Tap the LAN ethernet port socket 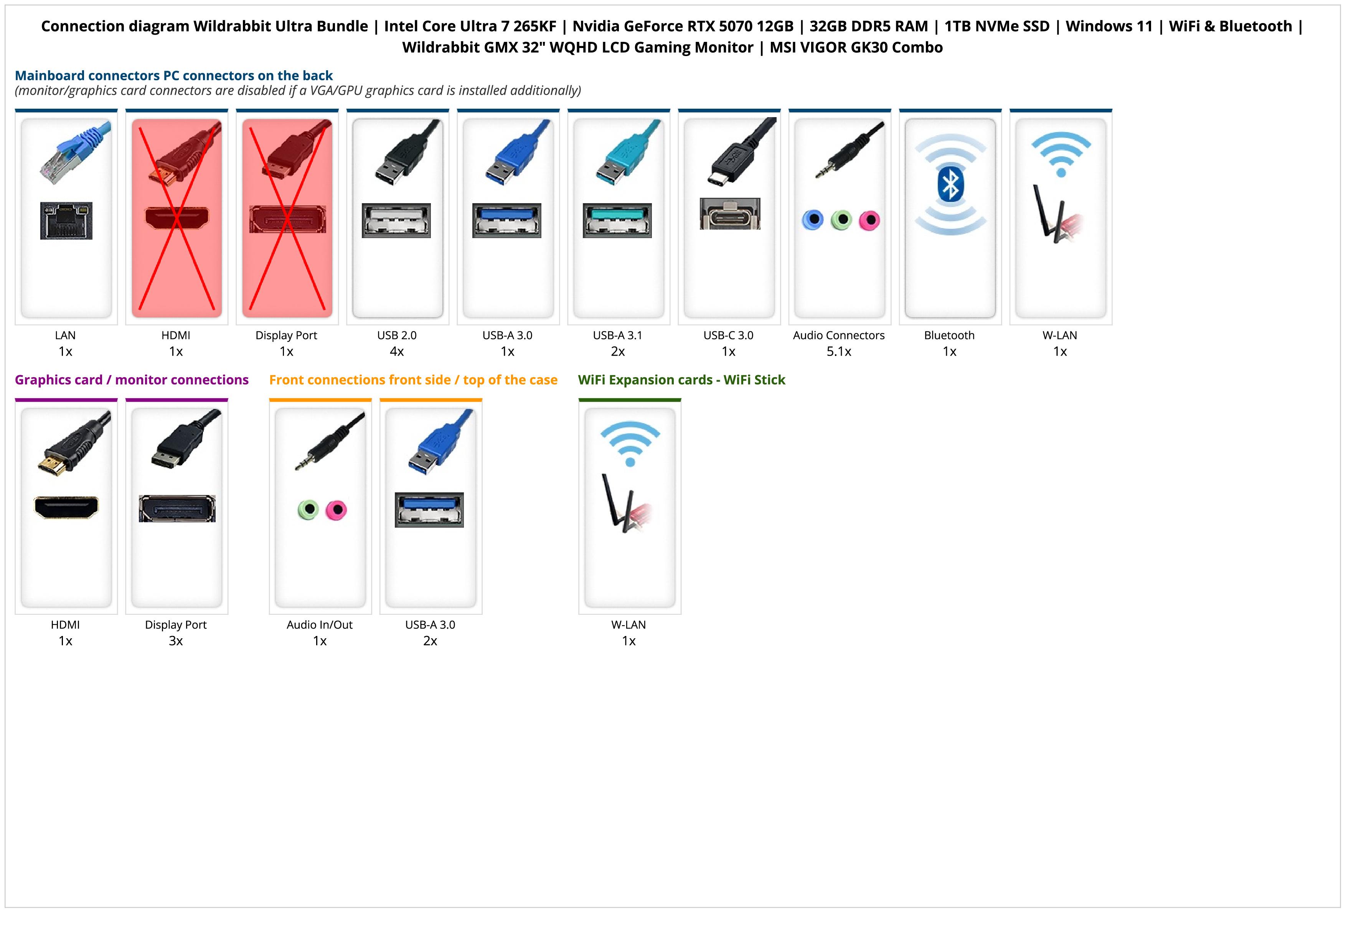coord(66,220)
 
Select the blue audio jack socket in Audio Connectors coord(813,220)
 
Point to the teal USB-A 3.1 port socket coord(617,220)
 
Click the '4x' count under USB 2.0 coord(397,351)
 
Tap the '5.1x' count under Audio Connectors coord(839,351)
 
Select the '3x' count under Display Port coord(176,641)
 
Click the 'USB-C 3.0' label coord(728,335)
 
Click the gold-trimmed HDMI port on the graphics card coord(66,507)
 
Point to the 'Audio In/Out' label coord(320,625)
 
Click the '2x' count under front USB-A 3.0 coord(430,641)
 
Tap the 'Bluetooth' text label coord(949,335)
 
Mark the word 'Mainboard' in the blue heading coord(49,76)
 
